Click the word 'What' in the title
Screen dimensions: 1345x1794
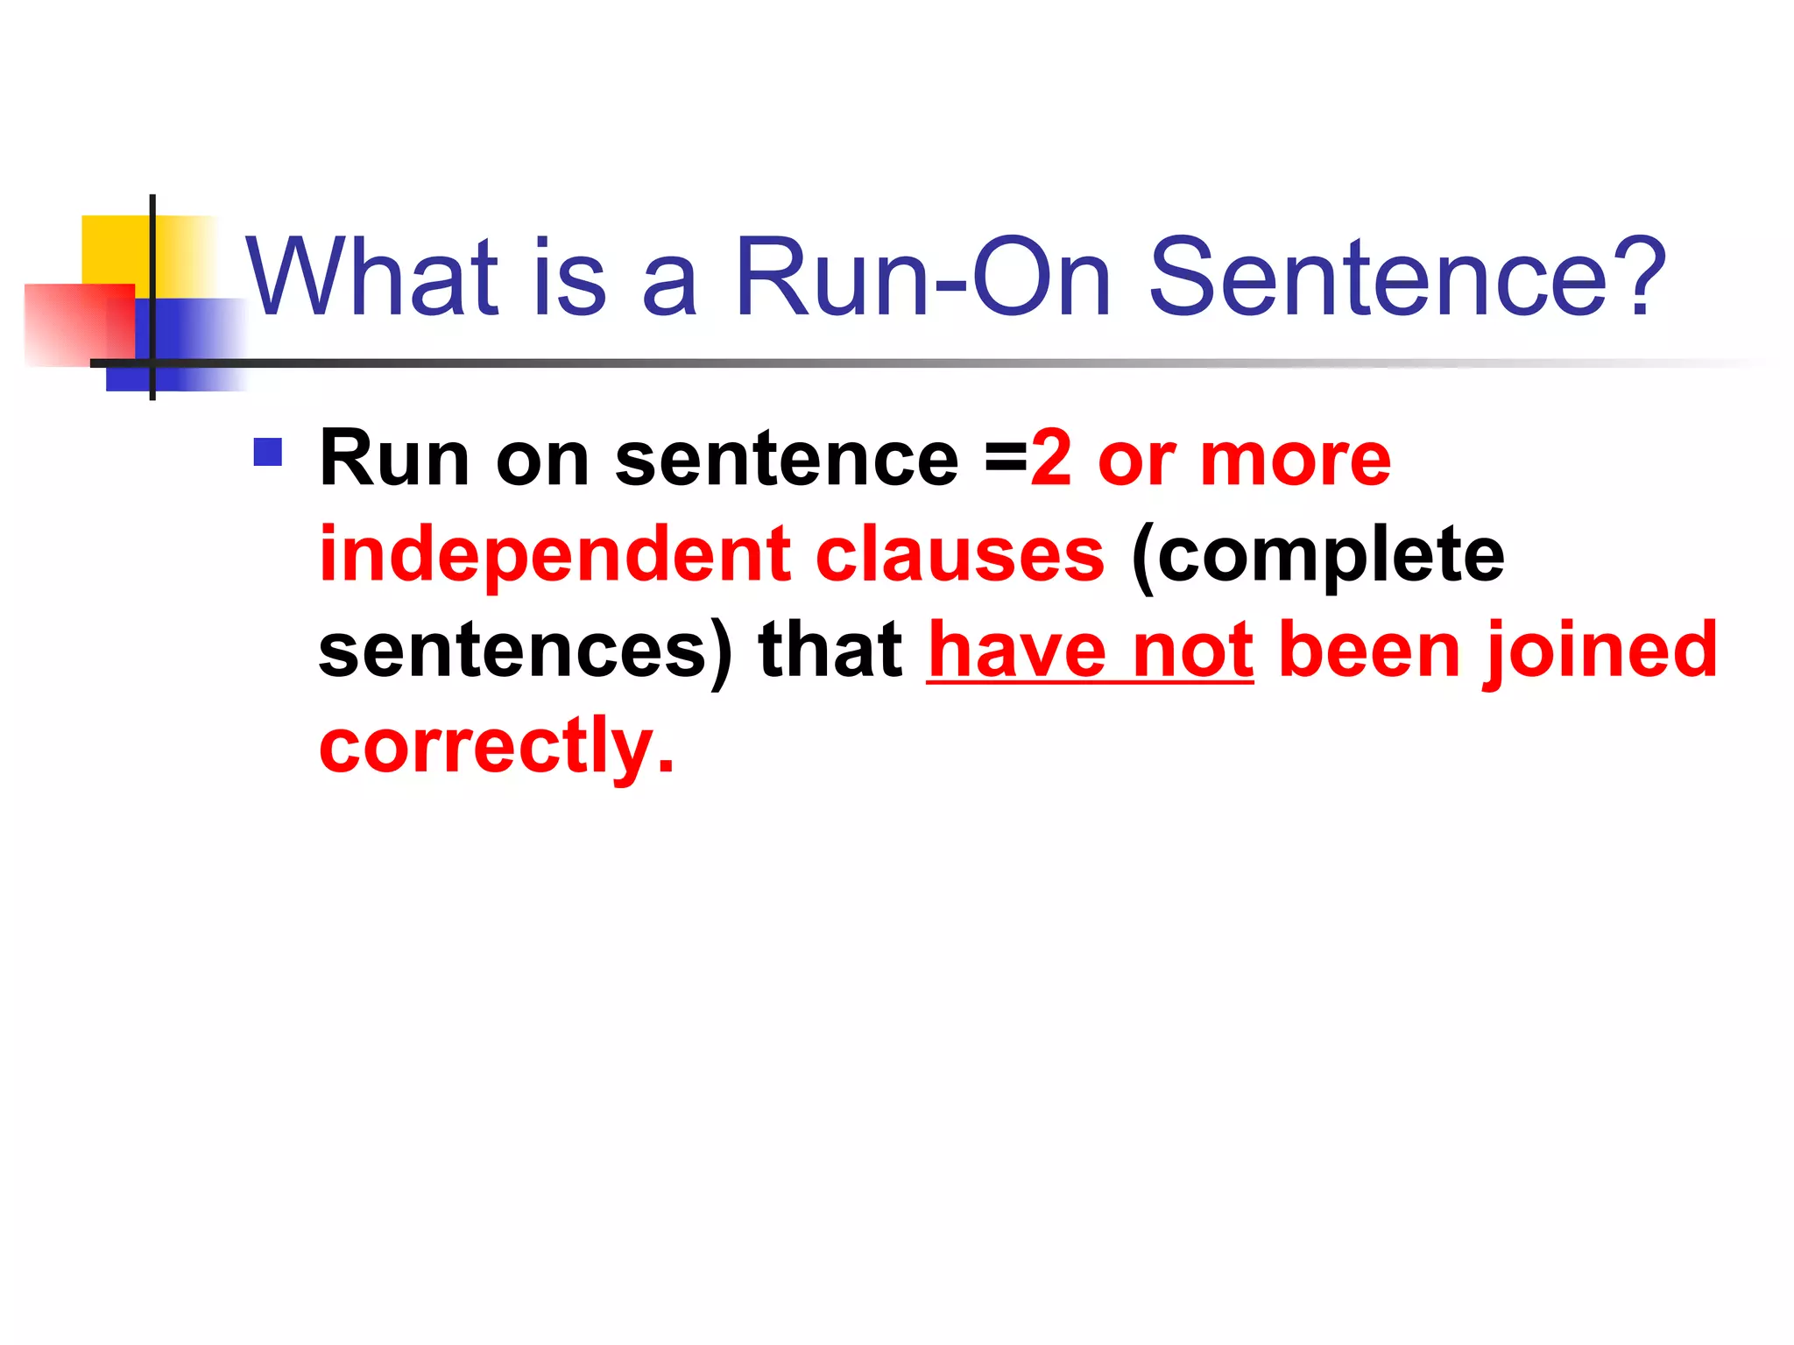click(x=372, y=278)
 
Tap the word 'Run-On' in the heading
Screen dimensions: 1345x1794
click(x=923, y=278)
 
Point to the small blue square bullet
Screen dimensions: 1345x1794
click(x=268, y=452)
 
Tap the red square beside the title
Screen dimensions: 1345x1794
click(x=79, y=324)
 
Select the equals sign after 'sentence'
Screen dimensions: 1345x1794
click(x=1006, y=460)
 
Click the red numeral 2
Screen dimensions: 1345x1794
click(x=1051, y=460)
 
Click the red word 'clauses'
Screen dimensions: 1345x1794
click(x=960, y=555)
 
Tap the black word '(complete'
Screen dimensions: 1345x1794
click(x=1317, y=555)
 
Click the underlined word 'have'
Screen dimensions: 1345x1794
click(x=1016, y=651)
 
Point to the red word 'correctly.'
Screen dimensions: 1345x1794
click(x=497, y=747)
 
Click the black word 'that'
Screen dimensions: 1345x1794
click(x=830, y=651)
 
